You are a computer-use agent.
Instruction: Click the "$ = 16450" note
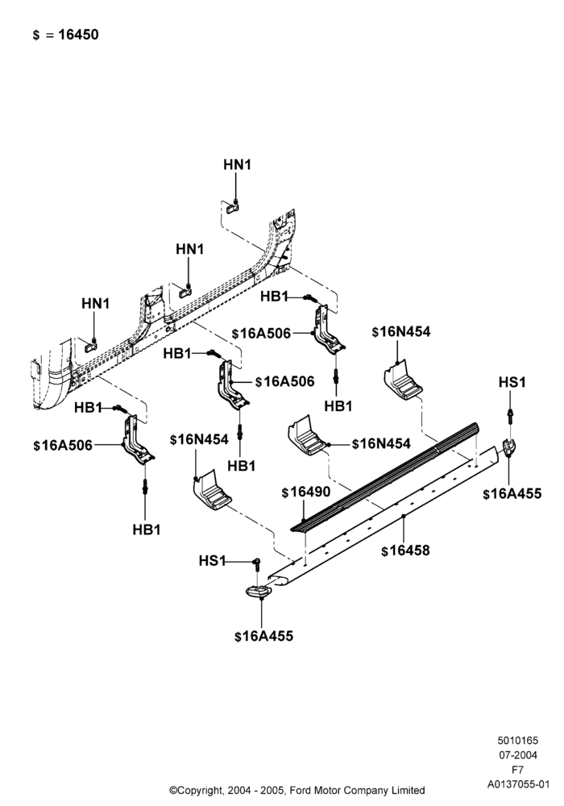tap(65, 35)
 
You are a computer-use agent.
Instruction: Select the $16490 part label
tap(306, 492)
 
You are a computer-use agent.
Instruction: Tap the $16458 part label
tap(405, 550)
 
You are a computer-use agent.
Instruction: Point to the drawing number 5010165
tap(517, 741)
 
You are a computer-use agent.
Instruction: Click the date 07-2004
tap(518, 755)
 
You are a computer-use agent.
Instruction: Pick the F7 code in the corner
tap(517, 770)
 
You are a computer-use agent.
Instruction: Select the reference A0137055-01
tap(518, 784)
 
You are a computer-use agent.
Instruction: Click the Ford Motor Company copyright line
tap(297, 790)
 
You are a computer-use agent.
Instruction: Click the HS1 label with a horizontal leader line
tap(212, 561)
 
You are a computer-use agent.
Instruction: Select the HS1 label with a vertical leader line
tap(512, 382)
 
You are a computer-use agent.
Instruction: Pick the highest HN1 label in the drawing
tap(238, 164)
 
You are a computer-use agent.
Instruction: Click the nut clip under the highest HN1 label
tap(232, 208)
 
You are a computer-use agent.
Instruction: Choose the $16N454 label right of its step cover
tap(381, 443)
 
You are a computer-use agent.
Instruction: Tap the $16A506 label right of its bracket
tap(284, 381)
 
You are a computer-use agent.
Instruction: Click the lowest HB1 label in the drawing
tap(147, 530)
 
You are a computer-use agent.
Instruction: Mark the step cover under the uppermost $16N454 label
tap(403, 381)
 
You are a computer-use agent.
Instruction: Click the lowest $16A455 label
tap(263, 637)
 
